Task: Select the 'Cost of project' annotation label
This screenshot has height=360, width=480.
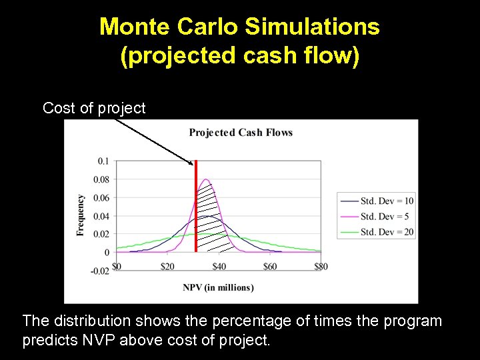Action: coord(94,108)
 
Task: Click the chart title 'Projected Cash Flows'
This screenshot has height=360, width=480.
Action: coord(241,132)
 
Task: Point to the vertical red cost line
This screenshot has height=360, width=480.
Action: coord(195,213)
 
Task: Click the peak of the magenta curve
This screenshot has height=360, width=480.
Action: coord(207,179)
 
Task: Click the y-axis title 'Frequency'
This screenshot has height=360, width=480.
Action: coord(81,215)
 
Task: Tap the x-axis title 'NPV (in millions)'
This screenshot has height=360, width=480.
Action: coord(218,287)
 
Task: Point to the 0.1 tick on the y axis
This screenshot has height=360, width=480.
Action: coord(103,161)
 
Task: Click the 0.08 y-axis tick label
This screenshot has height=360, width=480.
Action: coord(101,179)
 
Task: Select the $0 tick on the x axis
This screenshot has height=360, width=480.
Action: coord(117,267)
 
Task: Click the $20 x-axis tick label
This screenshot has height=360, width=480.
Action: coord(168,267)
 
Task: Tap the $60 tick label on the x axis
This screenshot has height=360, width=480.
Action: coord(270,267)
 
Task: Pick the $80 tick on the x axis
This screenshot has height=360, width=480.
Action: coord(321,267)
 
